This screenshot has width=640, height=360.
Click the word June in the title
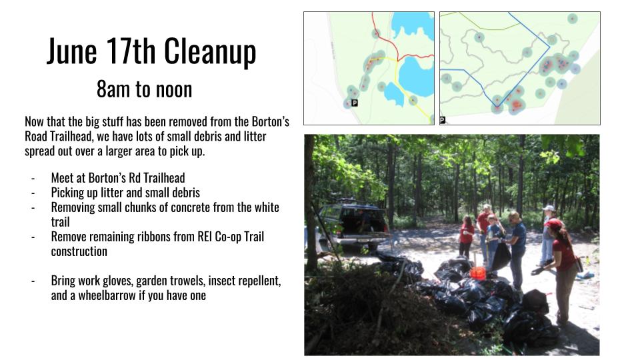pyautogui.click(x=72, y=51)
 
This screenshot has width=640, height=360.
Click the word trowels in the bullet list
pyautogui.click(x=187, y=281)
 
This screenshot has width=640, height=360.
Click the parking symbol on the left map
pyautogui.click(x=354, y=103)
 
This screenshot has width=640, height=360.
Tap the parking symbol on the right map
pyautogui.click(x=443, y=120)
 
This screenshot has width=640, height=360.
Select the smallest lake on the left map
pyautogui.click(x=394, y=94)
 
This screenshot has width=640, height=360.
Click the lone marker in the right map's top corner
pyautogui.click(x=573, y=19)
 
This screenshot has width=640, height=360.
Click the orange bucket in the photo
pyautogui.click(x=477, y=273)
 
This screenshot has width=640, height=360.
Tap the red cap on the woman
pyautogui.click(x=553, y=224)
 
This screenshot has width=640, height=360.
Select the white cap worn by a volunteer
pyautogui.click(x=549, y=208)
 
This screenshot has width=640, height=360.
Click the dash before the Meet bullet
pyautogui.click(x=33, y=179)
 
